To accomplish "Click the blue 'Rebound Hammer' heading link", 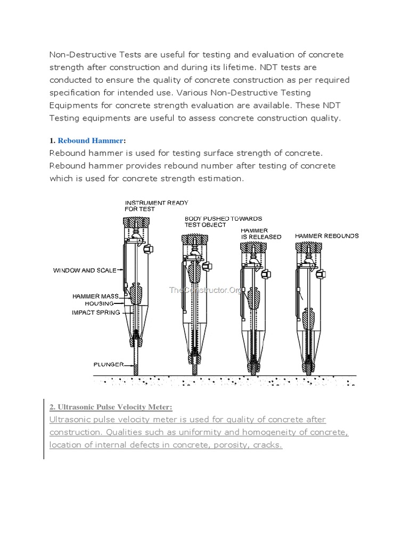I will (90, 141).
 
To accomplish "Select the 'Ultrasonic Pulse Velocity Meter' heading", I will (111, 407).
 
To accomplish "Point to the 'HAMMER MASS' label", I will (95, 296).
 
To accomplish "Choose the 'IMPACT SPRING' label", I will (96, 312).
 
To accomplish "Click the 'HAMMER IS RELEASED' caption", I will (260, 233).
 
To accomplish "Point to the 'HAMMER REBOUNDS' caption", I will (326, 236).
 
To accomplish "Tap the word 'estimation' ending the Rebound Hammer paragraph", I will (219, 178).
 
